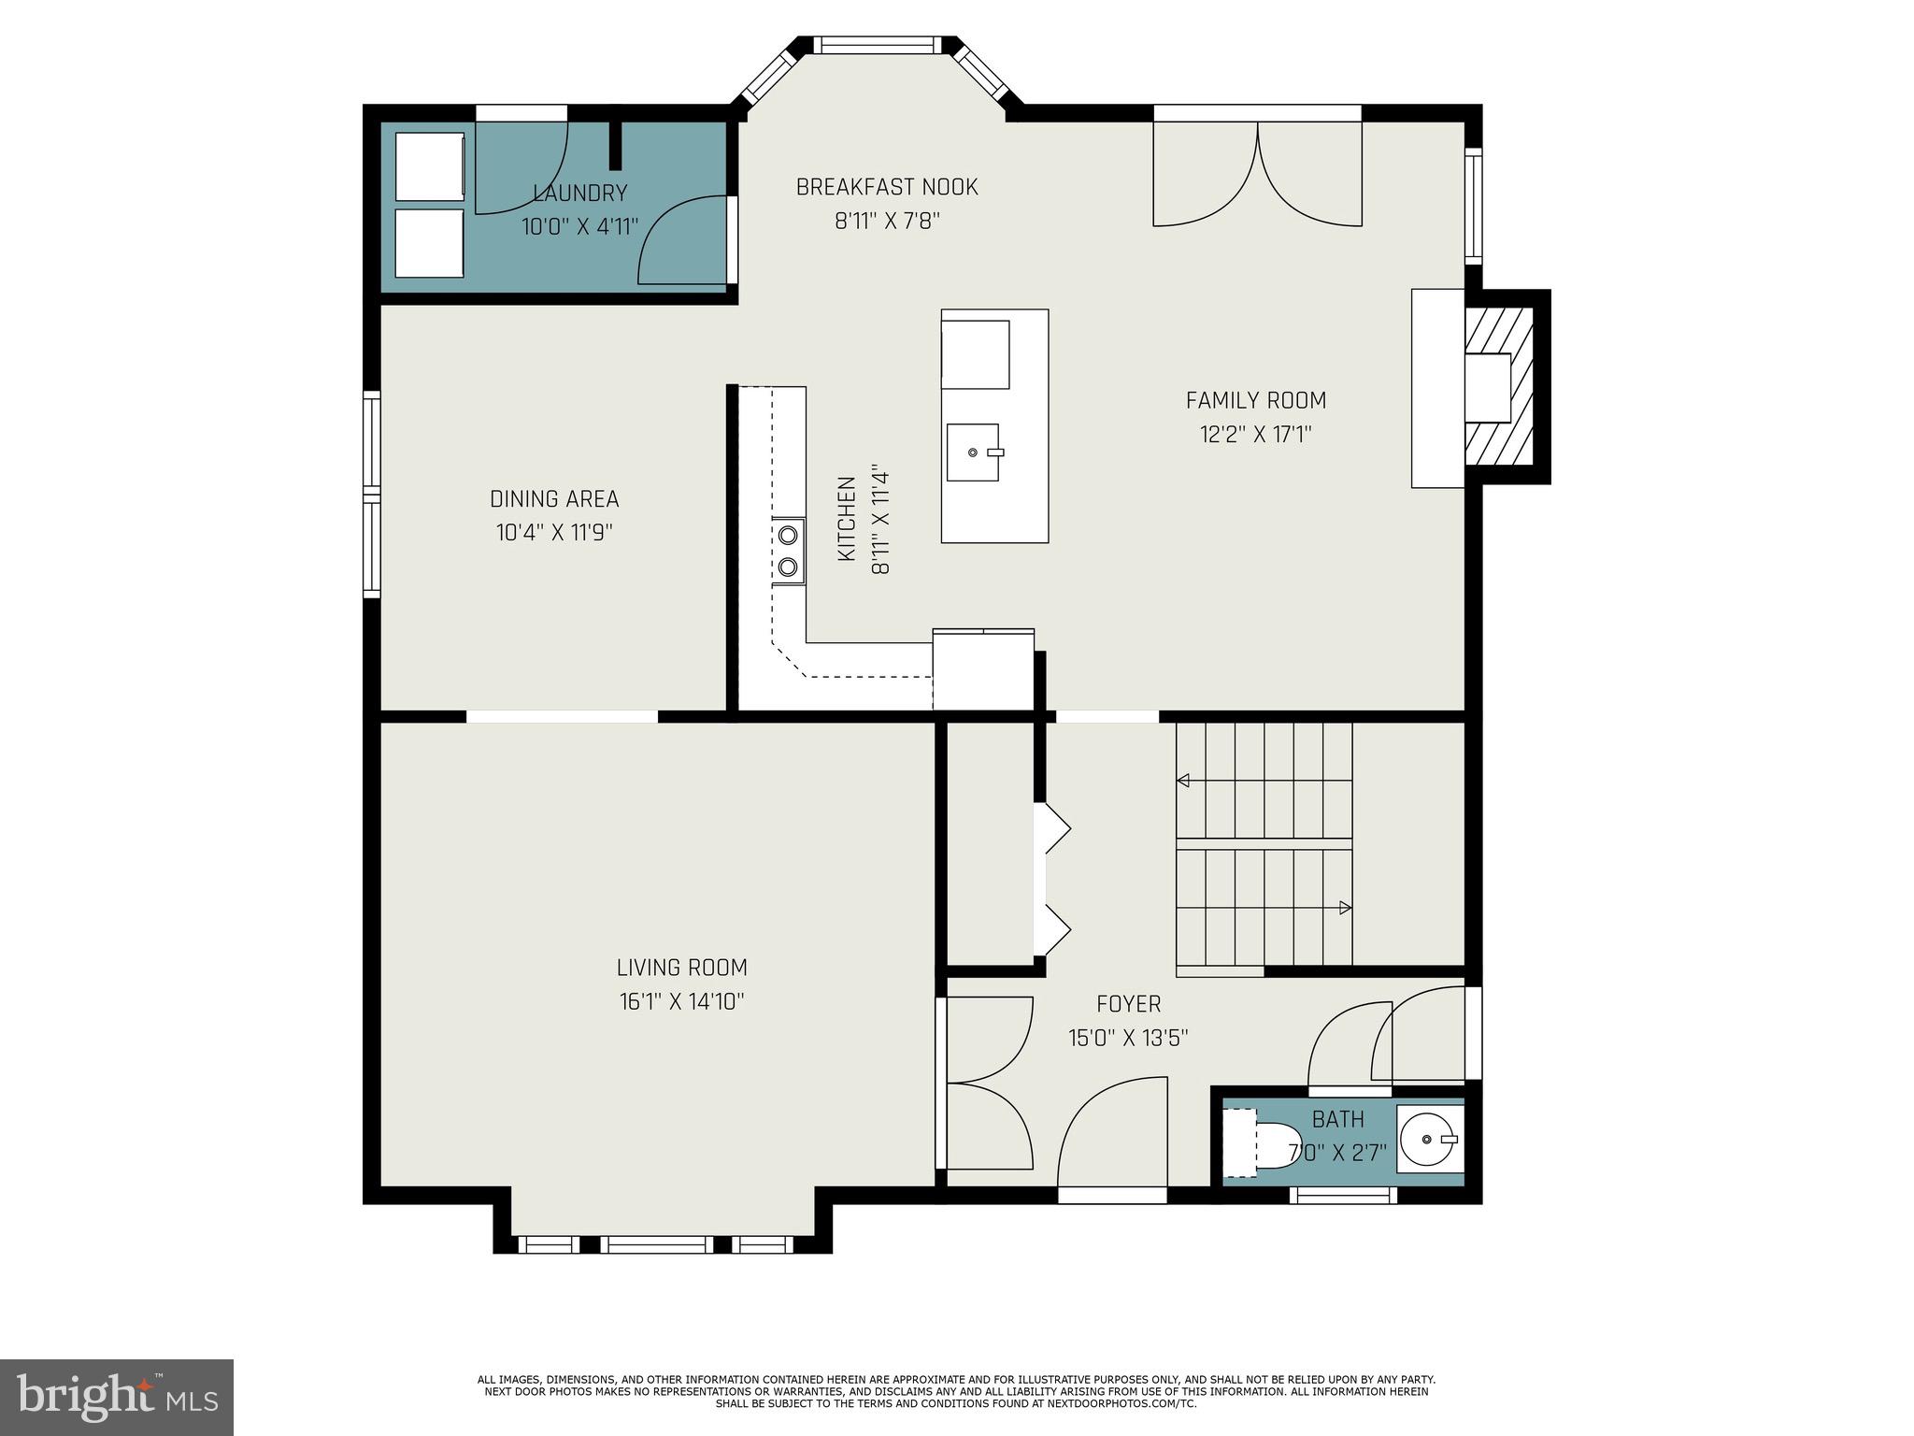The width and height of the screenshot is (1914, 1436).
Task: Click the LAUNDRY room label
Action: coord(579,194)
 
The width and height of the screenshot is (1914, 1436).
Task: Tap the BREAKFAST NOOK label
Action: coord(886,187)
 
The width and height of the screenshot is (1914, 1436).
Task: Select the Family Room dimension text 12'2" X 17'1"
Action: coord(1256,435)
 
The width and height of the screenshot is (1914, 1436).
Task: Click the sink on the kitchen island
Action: coord(973,452)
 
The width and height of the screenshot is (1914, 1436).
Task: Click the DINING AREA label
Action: coord(554,499)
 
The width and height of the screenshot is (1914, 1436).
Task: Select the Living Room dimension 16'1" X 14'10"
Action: coord(681,1002)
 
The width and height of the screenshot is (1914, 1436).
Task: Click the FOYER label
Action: coord(1128,1004)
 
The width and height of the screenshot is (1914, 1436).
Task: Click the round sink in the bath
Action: coord(1429,1139)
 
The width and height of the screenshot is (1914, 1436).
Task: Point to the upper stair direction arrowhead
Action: coord(1183,781)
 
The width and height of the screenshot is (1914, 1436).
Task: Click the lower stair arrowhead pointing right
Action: coord(1345,907)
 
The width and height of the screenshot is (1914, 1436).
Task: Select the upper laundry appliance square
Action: coord(430,166)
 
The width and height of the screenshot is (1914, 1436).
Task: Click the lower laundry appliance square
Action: coord(430,243)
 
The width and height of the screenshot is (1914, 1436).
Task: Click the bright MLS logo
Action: coord(117,1398)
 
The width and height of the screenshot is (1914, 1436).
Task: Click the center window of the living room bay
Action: coord(656,1244)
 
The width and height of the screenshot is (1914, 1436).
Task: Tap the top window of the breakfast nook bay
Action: coord(878,45)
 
